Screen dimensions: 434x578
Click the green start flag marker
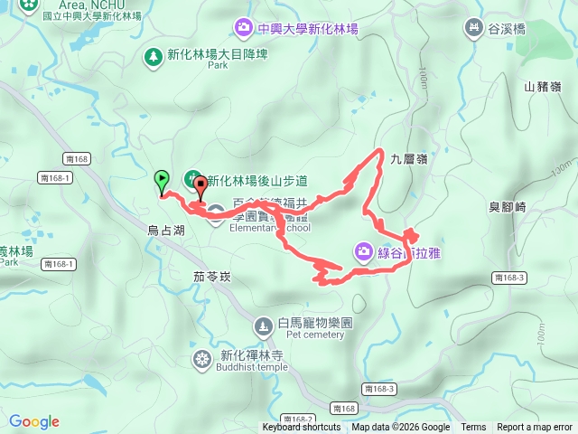click(x=162, y=179)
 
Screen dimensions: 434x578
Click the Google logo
click(x=34, y=421)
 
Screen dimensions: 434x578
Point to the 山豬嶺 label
click(x=542, y=87)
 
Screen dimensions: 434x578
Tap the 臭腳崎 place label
click(x=508, y=207)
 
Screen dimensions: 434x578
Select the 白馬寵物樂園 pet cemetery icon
click(x=263, y=325)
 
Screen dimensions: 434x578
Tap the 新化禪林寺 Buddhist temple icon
click(x=201, y=359)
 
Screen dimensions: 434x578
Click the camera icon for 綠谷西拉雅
click(x=363, y=251)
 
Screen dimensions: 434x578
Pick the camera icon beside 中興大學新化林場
click(x=243, y=29)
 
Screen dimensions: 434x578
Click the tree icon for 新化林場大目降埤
click(x=154, y=55)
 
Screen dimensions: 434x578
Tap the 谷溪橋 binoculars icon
click(x=471, y=29)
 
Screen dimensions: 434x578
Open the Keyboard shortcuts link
click(x=302, y=428)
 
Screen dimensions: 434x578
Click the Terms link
click(x=473, y=428)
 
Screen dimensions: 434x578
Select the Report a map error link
click(x=534, y=428)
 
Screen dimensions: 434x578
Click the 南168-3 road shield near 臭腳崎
click(x=510, y=277)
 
